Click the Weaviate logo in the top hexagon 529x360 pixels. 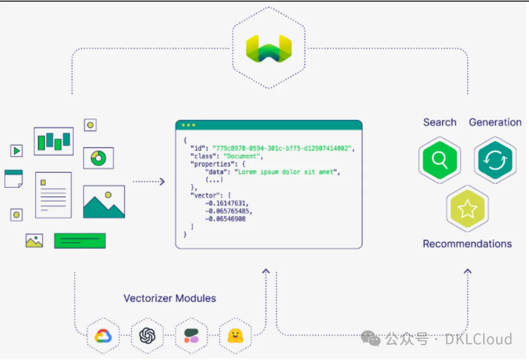point(268,49)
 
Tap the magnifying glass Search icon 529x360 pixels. point(440,159)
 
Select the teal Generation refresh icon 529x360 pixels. point(495,159)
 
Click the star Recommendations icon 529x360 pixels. point(467,209)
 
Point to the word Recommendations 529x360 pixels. point(467,244)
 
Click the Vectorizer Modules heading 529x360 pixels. point(169,298)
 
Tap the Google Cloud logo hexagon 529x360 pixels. point(103,336)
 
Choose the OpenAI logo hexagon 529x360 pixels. point(147,336)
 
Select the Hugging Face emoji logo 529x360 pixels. point(236,336)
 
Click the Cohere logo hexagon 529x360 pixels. point(192,336)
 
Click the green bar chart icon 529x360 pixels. point(53,141)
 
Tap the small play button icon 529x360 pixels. point(16,151)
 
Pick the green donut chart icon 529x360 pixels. point(98,158)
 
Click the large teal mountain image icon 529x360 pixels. point(104,202)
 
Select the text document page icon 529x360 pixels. point(53,195)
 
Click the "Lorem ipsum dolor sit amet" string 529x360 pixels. point(287,172)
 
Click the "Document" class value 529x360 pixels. point(243,156)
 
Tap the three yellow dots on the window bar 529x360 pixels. point(188,125)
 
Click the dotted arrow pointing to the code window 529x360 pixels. point(149,181)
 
